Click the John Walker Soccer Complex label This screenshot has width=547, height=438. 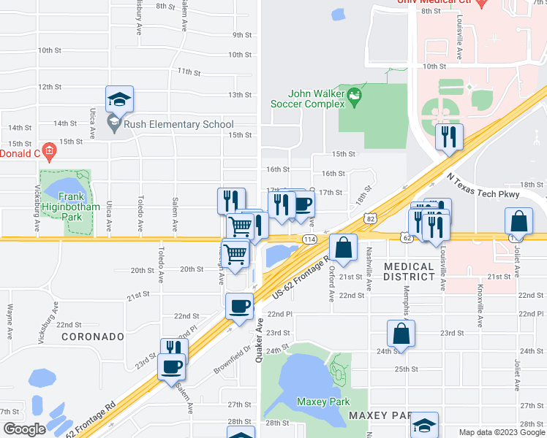[x=316, y=99]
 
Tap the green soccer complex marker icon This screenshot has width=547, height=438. [x=355, y=95]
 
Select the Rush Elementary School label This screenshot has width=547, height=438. [x=178, y=125]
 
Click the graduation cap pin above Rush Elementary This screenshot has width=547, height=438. [x=119, y=99]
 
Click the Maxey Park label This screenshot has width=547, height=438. [x=323, y=401]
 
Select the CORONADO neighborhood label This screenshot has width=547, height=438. [x=92, y=337]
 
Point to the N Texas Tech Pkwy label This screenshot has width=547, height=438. [x=483, y=186]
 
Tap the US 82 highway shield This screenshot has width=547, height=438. [x=371, y=218]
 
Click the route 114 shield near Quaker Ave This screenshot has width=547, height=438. [x=309, y=239]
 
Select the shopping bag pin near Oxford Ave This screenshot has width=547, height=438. [x=343, y=247]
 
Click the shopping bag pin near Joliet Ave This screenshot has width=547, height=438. [x=518, y=220]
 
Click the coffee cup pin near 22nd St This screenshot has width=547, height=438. [x=238, y=305]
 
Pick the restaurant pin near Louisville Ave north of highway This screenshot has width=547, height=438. [x=448, y=137]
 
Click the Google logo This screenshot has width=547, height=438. [x=25, y=429]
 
